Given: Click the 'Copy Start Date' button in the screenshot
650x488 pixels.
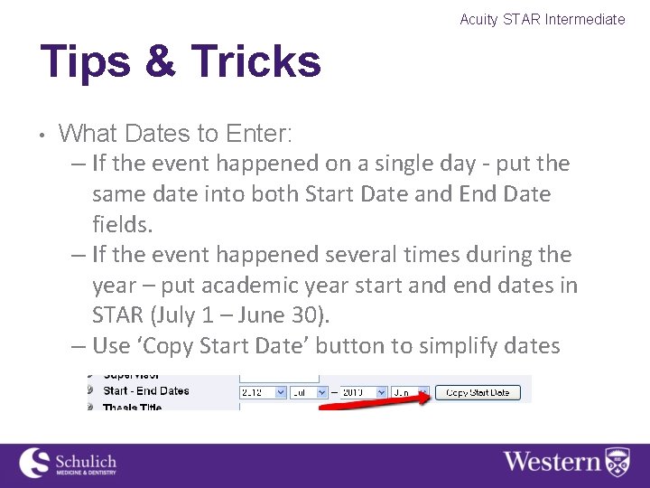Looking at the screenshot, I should pyautogui.click(x=478, y=393).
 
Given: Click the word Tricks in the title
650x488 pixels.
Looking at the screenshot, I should pyautogui.click(x=256, y=61).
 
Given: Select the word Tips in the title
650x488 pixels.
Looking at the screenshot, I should pyautogui.click(x=86, y=61).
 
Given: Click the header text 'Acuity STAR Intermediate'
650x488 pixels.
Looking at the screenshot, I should pyautogui.click(x=542, y=19).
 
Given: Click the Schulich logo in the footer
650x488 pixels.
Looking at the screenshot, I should pyautogui.click(x=69, y=463).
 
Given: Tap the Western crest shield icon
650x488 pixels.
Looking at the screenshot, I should pyautogui.click(x=617, y=462).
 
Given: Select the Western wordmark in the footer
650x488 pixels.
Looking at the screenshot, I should pyautogui.click(x=552, y=463).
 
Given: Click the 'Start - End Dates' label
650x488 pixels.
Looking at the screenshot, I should pyautogui.click(x=145, y=391).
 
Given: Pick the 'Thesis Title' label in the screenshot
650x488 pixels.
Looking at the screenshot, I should pyautogui.click(x=132, y=407).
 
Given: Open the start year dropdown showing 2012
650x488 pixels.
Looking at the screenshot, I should pyautogui.click(x=262, y=393).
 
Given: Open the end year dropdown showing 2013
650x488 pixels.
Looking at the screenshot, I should pyautogui.click(x=362, y=393).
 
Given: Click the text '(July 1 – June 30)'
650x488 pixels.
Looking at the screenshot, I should pyautogui.click(x=237, y=315).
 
